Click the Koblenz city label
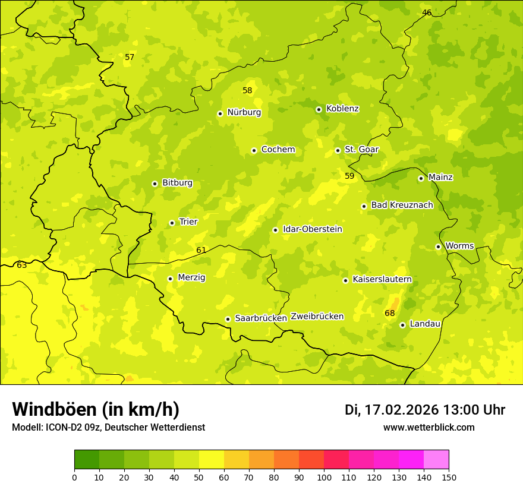point(342,109)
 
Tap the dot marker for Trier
point(172,223)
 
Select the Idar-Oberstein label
point(313,229)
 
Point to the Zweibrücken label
point(317,317)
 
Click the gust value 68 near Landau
point(390,313)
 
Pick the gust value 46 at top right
point(427,12)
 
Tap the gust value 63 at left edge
point(22,265)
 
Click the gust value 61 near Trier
point(201,250)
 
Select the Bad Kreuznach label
point(402,205)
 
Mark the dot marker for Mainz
point(421,178)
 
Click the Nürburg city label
point(244,112)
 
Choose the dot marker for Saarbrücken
point(228,319)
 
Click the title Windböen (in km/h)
point(96,409)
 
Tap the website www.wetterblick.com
point(429,427)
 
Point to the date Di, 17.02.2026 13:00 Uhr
point(425,410)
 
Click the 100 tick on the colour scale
point(324,477)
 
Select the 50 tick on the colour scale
point(199,477)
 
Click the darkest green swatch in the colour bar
point(87,460)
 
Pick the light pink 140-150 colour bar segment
point(436,460)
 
